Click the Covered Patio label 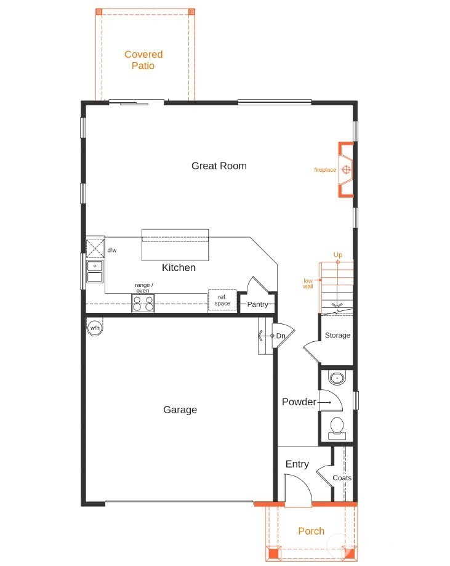point(143,60)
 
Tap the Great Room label point(219,166)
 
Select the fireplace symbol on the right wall point(347,169)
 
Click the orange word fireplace point(325,170)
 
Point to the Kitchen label point(179,268)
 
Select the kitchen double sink point(95,272)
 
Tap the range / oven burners point(143,304)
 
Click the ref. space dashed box point(222,300)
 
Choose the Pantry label point(257,304)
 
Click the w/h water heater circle point(95,328)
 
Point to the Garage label point(180,410)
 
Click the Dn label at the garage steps point(281,336)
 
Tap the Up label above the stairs point(338,255)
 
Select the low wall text point(308,284)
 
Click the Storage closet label point(337,336)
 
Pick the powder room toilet point(337,426)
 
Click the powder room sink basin point(337,378)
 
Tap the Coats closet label point(342,478)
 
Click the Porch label point(311,531)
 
